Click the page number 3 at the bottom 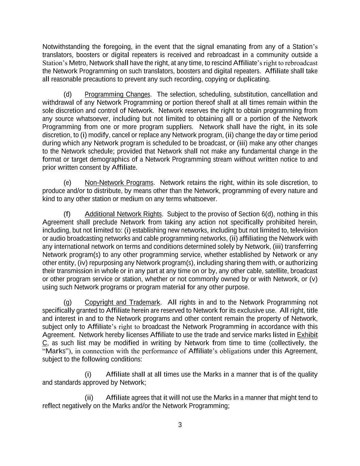coord(180,425)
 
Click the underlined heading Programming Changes coord(117,95)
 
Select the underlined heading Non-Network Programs coord(119,183)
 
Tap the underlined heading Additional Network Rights coord(123,214)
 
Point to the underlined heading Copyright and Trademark coord(122,302)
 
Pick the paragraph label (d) coord(68,95)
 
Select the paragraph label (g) coord(68,302)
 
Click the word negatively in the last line coord(77,406)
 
